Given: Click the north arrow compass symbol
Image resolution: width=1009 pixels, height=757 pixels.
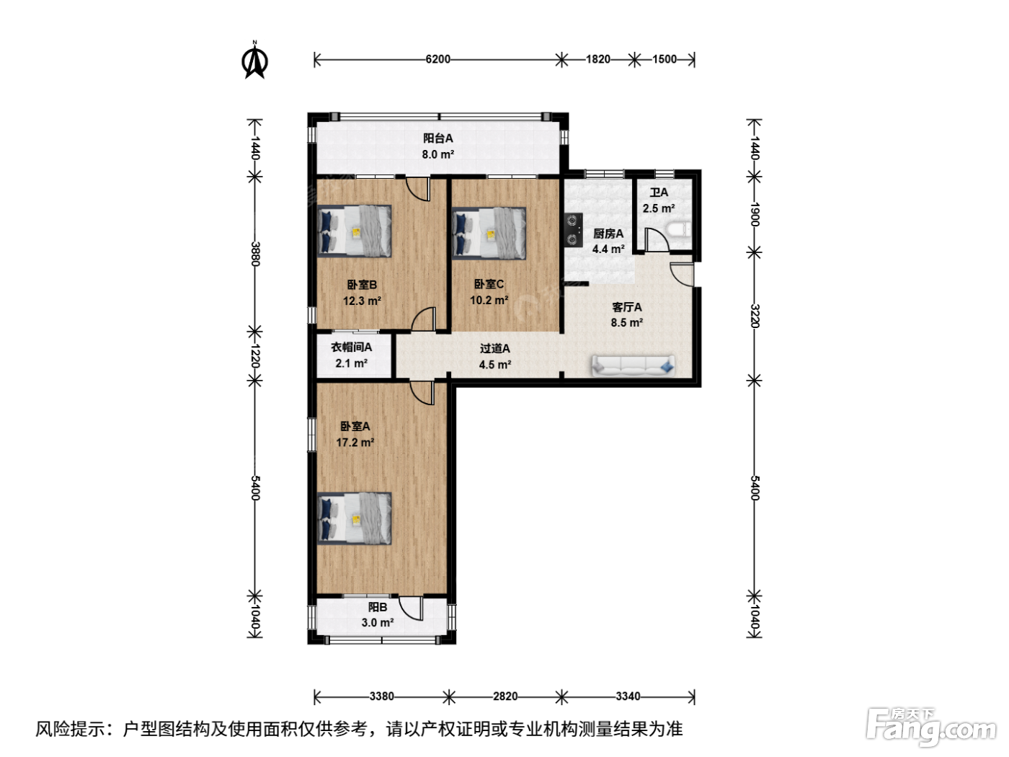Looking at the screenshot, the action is pyautogui.click(x=254, y=61).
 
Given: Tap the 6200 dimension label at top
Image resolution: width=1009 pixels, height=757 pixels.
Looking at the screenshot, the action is pyautogui.click(x=437, y=59).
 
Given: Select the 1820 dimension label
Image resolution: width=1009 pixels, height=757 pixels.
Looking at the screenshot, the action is pyautogui.click(x=597, y=59).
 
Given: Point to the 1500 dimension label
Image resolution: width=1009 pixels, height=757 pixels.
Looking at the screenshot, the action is pyautogui.click(x=664, y=59).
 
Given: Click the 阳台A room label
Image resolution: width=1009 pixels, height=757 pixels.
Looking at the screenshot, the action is pyautogui.click(x=437, y=138).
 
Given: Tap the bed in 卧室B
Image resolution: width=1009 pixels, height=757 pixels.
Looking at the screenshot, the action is pyautogui.click(x=354, y=231).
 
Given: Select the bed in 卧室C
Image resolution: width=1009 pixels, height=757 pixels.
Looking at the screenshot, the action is pyautogui.click(x=489, y=234).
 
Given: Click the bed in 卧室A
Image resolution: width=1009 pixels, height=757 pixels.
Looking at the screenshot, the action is pyautogui.click(x=354, y=519).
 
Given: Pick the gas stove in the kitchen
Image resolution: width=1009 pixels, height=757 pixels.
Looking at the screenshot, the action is pyautogui.click(x=573, y=230).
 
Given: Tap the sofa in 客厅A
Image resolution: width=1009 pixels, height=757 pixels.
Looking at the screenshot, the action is pyautogui.click(x=634, y=366).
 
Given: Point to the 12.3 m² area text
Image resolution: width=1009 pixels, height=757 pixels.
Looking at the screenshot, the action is pyautogui.click(x=363, y=301).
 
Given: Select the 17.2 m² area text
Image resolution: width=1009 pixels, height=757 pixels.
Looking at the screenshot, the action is pyautogui.click(x=355, y=443).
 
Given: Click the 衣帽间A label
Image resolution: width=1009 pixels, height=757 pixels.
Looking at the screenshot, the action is pyautogui.click(x=351, y=347).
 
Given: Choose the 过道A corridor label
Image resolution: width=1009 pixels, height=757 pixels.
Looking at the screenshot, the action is pyautogui.click(x=495, y=349).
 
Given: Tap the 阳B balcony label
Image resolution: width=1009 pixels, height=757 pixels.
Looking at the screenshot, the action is pyautogui.click(x=378, y=607).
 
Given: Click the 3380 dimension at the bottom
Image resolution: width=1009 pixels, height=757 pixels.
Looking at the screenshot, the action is pyautogui.click(x=381, y=696).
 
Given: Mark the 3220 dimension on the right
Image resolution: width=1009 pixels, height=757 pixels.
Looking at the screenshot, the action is pyautogui.click(x=755, y=316).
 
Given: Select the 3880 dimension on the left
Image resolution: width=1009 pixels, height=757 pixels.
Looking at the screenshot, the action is pyautogui.click(x=256, y=254).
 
